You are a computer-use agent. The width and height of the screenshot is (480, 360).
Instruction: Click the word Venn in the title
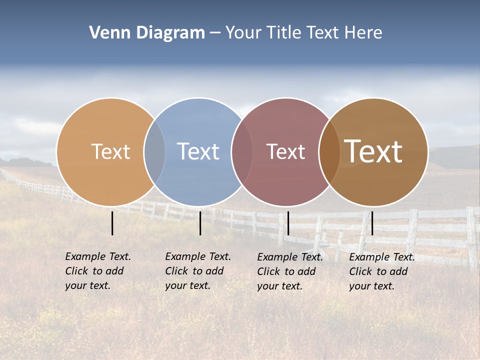point(106,33)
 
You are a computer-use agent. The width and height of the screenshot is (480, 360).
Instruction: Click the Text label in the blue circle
point(198,151)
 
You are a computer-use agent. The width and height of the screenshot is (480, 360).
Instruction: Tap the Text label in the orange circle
point(110,151)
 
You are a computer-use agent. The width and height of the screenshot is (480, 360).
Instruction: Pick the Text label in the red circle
point(285,151)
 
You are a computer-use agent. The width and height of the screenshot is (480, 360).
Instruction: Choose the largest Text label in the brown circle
point(373,151)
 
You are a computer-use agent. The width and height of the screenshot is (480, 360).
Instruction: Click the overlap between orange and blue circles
point(154,151)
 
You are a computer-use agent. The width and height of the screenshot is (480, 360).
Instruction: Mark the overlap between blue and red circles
point(241,151)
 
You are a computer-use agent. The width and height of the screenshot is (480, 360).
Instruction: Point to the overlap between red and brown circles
point(329,151)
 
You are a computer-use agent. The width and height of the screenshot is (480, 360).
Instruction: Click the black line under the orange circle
point(112,223)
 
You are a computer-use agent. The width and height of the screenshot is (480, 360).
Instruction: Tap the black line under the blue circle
point(200,223)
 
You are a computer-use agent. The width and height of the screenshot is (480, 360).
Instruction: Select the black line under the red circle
point(288,223)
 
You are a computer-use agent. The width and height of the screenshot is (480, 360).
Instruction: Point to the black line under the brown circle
point(372,223)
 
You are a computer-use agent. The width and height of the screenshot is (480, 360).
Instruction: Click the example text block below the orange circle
point(97,271)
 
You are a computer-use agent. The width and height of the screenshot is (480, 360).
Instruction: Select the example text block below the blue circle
point(197,271)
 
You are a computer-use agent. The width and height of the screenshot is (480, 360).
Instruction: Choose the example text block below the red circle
point(289,271)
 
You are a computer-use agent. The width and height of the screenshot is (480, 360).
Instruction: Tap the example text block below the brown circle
point(381,271)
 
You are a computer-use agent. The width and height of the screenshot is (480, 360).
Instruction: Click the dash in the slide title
point(215,33)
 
